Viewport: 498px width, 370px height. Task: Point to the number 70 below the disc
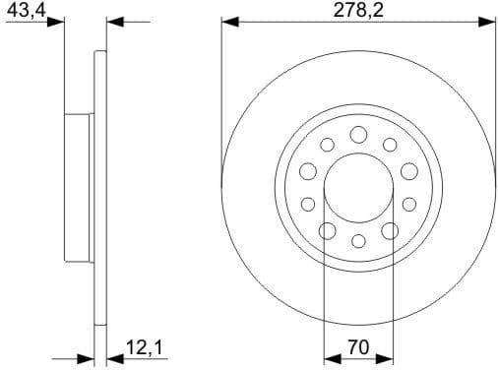point(358,347)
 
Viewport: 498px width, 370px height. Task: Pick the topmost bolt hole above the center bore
point(358,134)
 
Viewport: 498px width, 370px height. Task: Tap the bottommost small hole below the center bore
point(358,241)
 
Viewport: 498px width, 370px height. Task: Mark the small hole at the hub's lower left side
point(308,205)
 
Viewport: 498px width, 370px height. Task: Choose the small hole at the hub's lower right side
point(408,205)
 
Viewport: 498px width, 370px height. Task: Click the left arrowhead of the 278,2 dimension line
point(228,20)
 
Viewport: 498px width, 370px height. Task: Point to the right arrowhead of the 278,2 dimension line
point(487,20)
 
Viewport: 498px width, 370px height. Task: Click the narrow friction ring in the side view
point(99,187)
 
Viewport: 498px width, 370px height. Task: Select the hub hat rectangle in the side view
point(79,187)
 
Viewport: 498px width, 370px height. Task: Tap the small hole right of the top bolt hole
point(390,145)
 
